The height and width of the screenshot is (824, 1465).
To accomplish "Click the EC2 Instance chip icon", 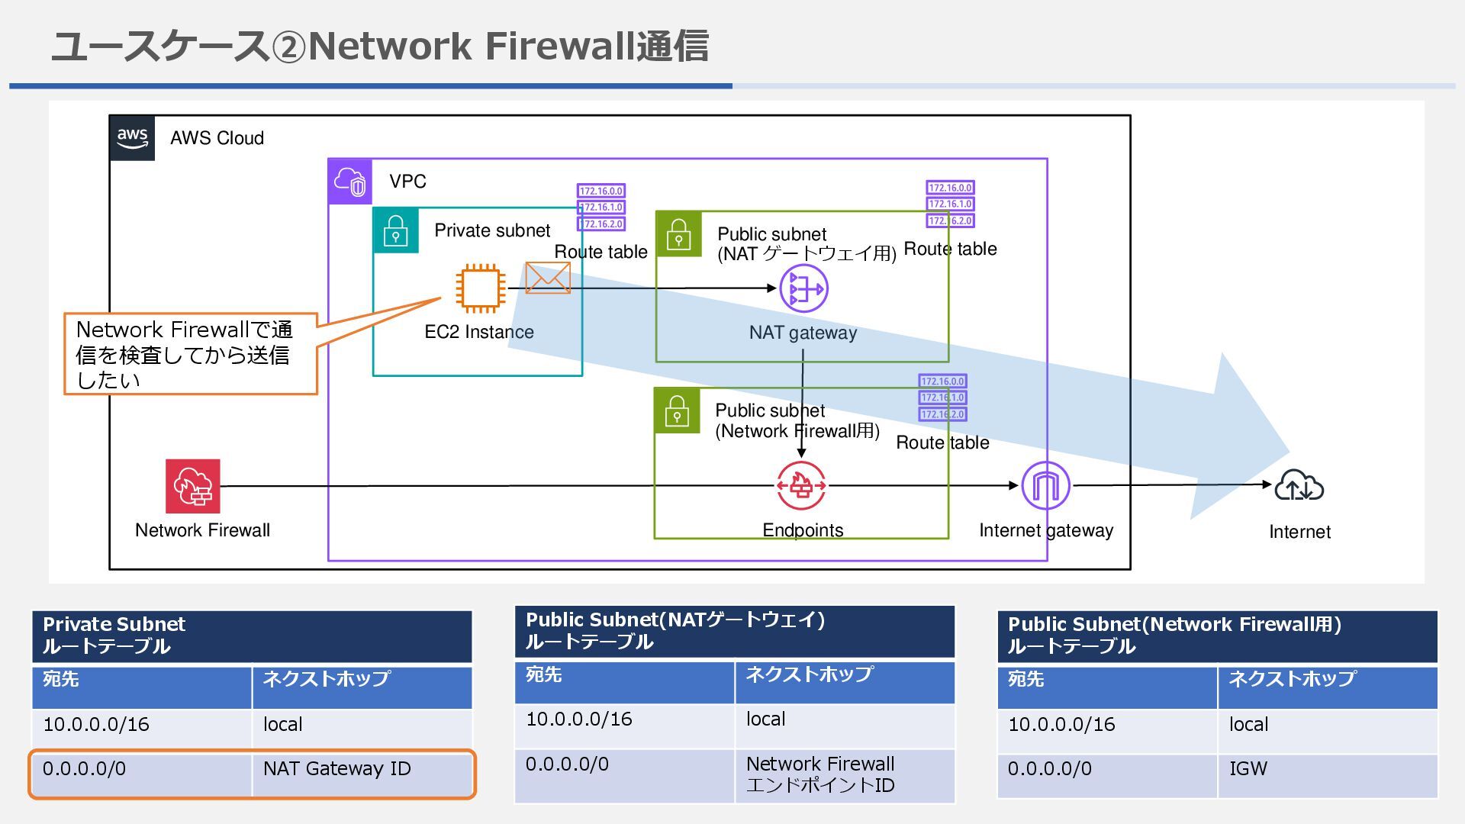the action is (x=481, y=288).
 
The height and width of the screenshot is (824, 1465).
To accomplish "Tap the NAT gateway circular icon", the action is (x=803, y=289).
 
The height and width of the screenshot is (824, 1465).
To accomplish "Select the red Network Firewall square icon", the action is (x=193, y=486).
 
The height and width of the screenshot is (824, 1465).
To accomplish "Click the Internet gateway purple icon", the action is (x=1045, y=485).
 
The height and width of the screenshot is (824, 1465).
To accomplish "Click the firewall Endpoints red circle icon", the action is (x=801, y=485).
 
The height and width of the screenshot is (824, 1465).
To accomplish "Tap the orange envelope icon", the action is (x=548, y=278).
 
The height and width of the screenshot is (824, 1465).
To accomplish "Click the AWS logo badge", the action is (x=132, y=138).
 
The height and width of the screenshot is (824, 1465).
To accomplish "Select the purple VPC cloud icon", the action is (x=350, y=182).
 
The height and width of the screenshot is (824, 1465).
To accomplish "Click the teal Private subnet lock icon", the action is (x=395, y=230).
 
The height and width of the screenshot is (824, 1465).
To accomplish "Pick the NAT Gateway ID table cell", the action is (x=362, y=774).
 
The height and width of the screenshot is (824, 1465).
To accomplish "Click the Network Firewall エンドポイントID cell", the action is (x=845, y=775).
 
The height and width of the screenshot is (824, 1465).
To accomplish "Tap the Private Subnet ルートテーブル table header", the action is (x=252, y=636).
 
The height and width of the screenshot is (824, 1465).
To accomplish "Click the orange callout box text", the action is (x=185, y=355).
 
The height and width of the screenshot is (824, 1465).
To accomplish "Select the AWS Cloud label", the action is (x=217, y=138).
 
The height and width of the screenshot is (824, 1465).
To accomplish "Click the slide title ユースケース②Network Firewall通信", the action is (x=379, y=46).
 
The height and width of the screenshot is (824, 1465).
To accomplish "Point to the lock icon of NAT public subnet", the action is (x=678, y=234).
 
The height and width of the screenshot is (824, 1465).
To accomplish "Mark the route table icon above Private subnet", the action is (x=601, y=207).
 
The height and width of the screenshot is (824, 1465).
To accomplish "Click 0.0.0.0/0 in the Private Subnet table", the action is (x=85, y=768).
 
